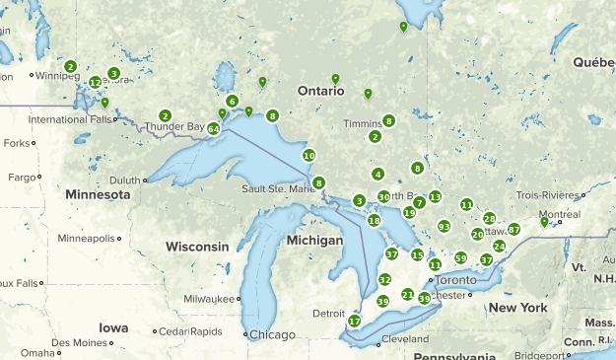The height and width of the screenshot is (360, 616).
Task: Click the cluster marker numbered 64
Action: (213, 129)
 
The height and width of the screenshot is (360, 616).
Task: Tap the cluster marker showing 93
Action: (444, 227)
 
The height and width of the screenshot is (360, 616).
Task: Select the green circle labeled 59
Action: (460, 257)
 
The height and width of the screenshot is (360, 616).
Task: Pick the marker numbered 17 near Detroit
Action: (354, 322)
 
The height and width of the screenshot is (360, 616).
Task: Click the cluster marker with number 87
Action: (513, 230)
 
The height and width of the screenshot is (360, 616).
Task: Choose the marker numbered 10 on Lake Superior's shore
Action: (308, 156)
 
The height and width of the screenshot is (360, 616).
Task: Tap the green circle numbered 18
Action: (374, 221)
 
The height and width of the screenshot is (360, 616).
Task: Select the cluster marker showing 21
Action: (407, 294)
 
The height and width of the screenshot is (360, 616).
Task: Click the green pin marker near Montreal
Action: (544, 222)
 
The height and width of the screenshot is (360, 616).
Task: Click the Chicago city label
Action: (272, 334)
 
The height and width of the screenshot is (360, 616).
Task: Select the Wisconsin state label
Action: (197, 246)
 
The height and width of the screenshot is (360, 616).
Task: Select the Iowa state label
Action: (112, 327)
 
